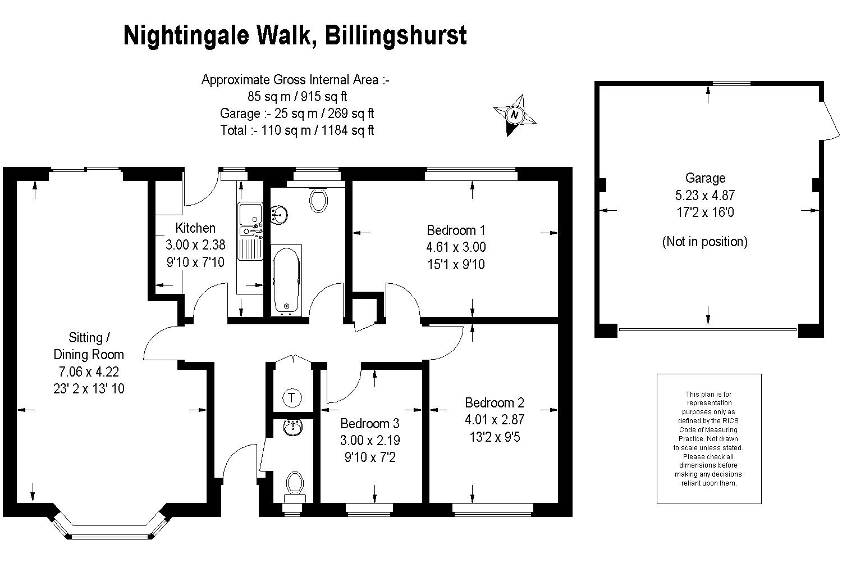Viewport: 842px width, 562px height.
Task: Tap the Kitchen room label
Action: coord(195,228)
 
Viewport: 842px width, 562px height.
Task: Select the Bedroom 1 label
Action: coord(456,230)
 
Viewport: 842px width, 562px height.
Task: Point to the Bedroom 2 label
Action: coord(494,402)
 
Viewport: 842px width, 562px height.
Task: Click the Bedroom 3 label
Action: coord(370,423)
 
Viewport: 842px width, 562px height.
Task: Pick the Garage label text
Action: coord(705,178)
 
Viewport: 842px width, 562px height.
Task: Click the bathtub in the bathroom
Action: coord(286,279)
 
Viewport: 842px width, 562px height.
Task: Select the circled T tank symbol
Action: coord(292,398)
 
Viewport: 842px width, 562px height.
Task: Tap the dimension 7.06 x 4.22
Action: coord(89,371)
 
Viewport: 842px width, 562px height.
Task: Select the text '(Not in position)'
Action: coord(705,242)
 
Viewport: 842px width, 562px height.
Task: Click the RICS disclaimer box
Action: coord(708,438)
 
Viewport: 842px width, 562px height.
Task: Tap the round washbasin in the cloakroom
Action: coord(292,428)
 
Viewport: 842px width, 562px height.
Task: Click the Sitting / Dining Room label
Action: coord(89,346)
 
